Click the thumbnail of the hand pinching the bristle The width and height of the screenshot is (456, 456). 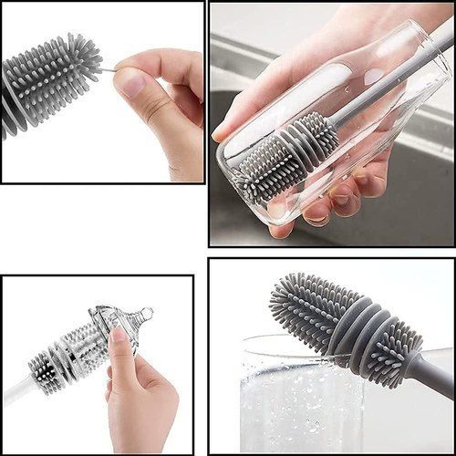pyautogui.click(x=102, y=91)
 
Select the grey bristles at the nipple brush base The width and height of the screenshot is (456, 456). pyautogui.click(x=42, y=369)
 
